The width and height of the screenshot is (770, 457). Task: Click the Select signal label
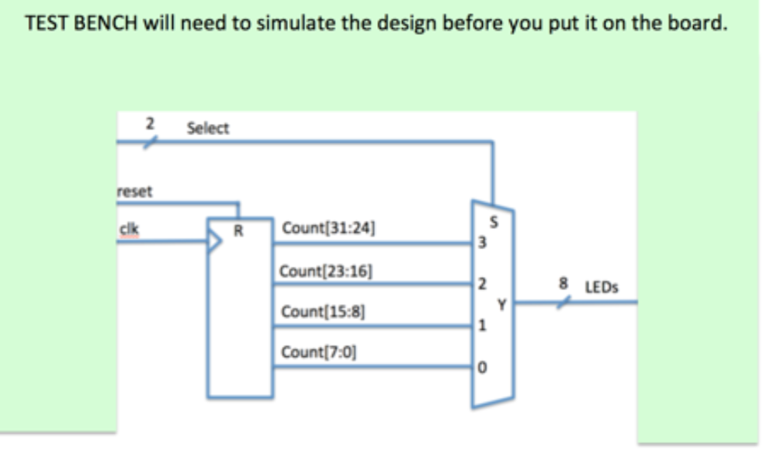click(x=208, y=129)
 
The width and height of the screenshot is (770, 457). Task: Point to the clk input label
click(x=129, y=229)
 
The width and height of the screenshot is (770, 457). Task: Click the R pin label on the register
click(x=238, y=229)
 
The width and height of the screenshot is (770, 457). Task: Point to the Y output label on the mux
click(x=501, y=305)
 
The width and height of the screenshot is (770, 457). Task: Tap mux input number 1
click(x=482, y=327)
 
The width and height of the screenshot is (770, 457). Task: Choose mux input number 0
click(x=482, y=368)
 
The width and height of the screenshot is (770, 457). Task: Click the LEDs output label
click(x=601, y=287)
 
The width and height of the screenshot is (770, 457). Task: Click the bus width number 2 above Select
click(x=151, y=123)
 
